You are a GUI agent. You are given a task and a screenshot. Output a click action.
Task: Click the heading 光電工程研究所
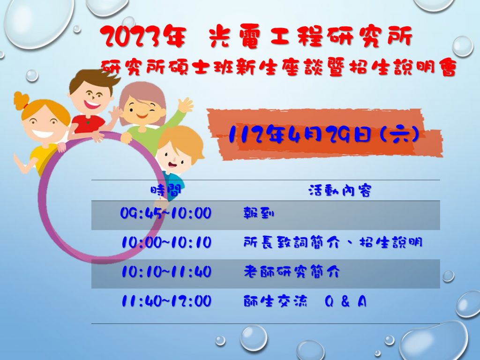pos(311,37)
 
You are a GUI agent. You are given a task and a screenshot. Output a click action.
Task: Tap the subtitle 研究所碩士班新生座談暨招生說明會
pos(279,67)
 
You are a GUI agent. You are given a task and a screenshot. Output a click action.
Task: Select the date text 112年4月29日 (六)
pos(324,135)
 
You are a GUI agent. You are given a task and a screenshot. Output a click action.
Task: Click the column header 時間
pos(166,190)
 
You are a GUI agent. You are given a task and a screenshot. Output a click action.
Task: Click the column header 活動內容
pos(340,190)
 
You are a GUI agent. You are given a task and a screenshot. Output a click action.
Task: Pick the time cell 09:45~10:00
pos(166,213)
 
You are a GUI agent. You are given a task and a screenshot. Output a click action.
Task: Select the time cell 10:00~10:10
pos(166,242)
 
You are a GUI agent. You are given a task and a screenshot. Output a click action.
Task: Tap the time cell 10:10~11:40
pos(166,271)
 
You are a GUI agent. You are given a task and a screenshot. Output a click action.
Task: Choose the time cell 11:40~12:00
pos(166,301)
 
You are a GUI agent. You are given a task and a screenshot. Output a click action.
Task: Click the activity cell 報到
pos(259,213)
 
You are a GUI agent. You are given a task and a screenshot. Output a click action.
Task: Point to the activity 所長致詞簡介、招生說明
pos(333,242)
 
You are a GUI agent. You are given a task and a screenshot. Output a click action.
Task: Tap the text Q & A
pos(345,301)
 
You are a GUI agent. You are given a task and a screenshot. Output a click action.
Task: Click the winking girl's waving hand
pos(185,105)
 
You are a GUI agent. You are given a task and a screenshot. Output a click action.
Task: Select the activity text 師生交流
pos(275,301)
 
